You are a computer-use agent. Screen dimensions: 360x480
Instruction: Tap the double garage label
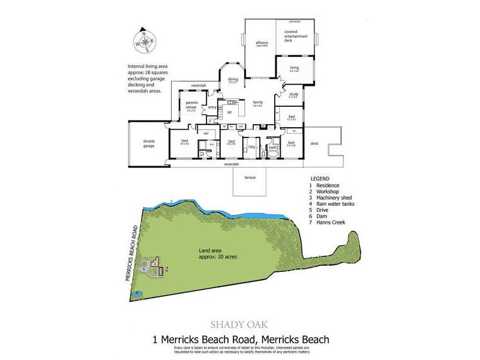tap(149, 143)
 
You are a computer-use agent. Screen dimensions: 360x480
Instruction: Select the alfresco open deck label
tap(261, 45)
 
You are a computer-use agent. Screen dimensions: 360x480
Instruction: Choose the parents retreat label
tap(191, 106)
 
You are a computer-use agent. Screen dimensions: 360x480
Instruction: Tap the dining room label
tap(233, 80)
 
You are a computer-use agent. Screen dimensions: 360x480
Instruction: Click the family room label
tap(258, 103)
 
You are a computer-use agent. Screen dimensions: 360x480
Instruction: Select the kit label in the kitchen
tap(229, 112)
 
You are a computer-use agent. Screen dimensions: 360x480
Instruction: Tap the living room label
tap(294, 68)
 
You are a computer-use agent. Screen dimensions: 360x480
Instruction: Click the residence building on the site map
tap(155, 262)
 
